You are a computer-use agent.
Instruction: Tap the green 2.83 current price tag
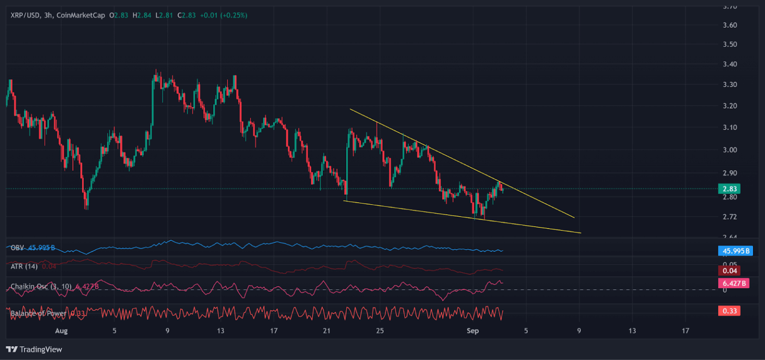pos(729,189)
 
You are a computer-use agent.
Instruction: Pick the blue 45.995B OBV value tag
pos(734,251)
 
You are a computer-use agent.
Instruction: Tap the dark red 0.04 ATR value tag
pos(729,271)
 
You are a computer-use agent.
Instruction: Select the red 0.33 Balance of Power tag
pos(729,311)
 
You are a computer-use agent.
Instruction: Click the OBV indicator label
pos(17,247)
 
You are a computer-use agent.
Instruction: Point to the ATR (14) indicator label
pos(24,267)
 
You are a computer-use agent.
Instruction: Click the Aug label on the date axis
pos(61,331)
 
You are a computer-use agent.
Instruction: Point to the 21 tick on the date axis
pos(327,331)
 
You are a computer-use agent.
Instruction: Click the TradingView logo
pos(34,350)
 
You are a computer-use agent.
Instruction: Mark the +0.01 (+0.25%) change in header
pos(224,15)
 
